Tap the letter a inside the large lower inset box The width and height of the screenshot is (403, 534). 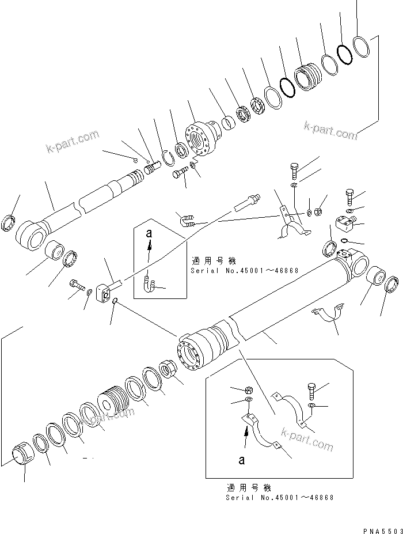tap(242, 460)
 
